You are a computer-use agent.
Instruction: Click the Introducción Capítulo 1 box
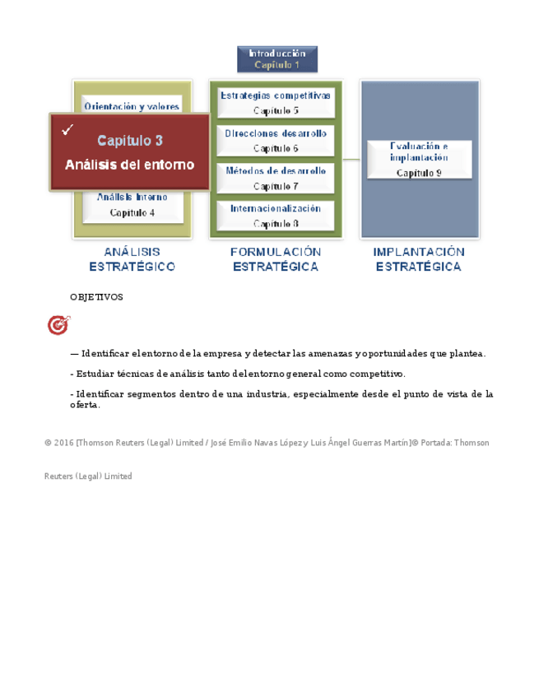click(x=276, y=58)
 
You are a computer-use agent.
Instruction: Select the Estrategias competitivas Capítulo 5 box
click(x=276, y=102)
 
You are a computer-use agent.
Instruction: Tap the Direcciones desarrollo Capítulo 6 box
click(x=276, y=140)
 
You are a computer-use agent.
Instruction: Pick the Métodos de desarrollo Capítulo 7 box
click(x=276, y=178)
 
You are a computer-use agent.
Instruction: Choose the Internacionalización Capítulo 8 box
click(x=276, y=216)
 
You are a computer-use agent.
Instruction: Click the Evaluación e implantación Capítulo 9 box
click(x=419, y=159)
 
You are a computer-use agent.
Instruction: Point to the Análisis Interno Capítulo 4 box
click(x=132, y=205)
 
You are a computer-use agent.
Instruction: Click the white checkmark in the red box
click(x=67, y=129)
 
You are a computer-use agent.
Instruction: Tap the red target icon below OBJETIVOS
click(x=58, y=326)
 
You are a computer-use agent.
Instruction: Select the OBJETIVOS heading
click(x=96, y=297)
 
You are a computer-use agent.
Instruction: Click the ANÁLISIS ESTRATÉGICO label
click(x=132, y=259)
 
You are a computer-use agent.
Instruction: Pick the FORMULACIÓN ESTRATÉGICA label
click(x=276, y=259)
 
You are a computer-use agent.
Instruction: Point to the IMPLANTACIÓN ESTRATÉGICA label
click(x=419, y=259)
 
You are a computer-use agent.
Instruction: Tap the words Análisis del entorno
click(x=130, y=165)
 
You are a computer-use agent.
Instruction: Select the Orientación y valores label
click(x=132, y=107)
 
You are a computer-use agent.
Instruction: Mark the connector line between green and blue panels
click(x=351, y=159)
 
